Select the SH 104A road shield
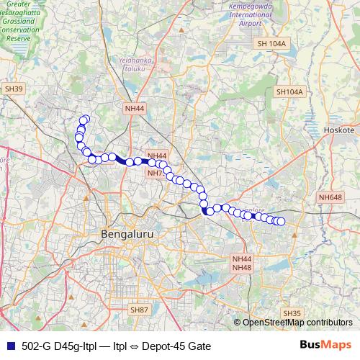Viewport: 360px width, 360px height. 271,45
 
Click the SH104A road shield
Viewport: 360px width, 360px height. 290,92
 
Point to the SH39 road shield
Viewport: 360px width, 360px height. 14,89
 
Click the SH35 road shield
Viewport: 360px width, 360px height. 292,313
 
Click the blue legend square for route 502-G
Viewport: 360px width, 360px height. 9,346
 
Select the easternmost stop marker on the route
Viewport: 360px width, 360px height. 282,222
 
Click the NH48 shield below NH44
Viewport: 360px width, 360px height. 241,268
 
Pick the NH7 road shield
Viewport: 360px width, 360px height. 155,174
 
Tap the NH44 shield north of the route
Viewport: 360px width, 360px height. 135,109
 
